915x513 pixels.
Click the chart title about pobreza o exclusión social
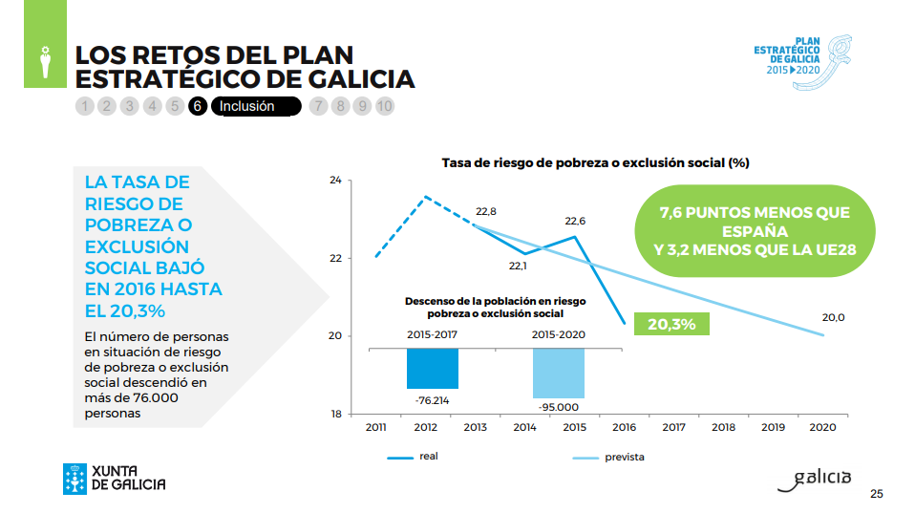[x=595, y=162]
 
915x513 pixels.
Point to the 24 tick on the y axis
[x=334, y=180]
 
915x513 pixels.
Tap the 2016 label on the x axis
[x=623, y=427]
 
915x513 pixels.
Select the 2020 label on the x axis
[x=822, y=427]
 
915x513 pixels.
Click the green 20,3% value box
[x=672, y=324]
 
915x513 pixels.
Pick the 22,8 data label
[x=486, y=211]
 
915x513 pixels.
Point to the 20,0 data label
[x=833, y=317]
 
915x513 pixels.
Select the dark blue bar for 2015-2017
[x=432, y=368]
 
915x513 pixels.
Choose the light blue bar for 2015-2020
[x=559, y=373]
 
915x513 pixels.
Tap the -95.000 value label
[x=559, y=407]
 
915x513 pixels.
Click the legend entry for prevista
[x=624, y=457]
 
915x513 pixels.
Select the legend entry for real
[x=429, y=457]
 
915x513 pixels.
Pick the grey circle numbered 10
[x=384, y=106]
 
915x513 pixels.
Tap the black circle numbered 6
[x=198, y=106]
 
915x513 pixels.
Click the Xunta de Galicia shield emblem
[x=74, y=479]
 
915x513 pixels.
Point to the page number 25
[x=876, y=494]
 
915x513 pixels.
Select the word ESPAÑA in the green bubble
[x=755, y=232]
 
